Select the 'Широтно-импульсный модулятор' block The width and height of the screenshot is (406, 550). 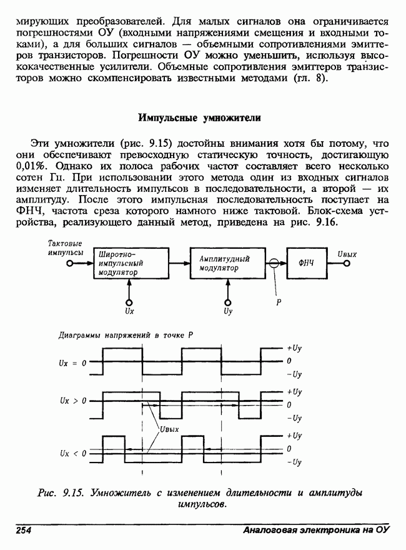[x=130, y=263]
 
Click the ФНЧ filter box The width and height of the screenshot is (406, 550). [x=307, y=263]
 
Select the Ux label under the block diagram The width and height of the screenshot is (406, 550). [x=129, y=309]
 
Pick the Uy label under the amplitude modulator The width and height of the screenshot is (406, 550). [x=228, y=309]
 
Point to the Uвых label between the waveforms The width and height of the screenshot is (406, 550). [x=169, y=429]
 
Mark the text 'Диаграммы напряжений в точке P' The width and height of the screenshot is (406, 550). [x=124, y=335]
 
